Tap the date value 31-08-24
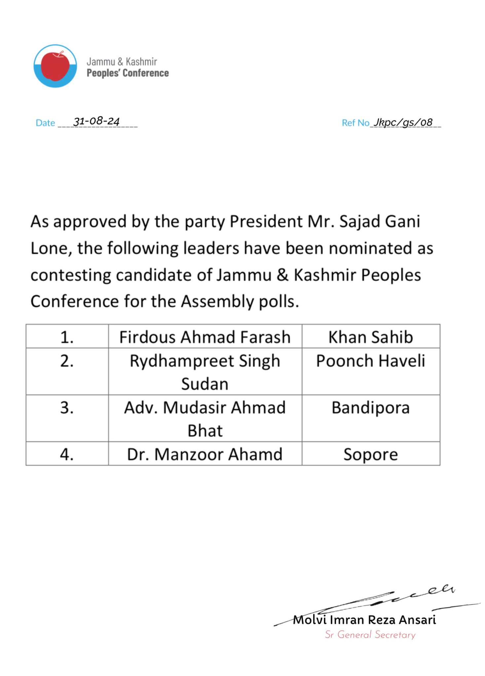(96, 121)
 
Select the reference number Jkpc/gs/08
(403, 122)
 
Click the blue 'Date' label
(45, 123)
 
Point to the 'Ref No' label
(355, 123)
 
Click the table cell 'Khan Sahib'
(370, 337)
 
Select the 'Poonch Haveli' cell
(370, 360)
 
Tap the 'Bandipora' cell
(370, 407)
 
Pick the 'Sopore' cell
(370, 454)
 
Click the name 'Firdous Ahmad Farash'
(205, 337)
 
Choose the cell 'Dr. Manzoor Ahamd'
(205, 454)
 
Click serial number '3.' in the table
(67, 407)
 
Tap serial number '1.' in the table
(67, 337)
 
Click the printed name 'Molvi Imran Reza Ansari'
(364, 620)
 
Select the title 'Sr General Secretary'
(370, 635)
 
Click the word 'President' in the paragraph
(266, 221)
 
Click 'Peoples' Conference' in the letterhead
(128, 73)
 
